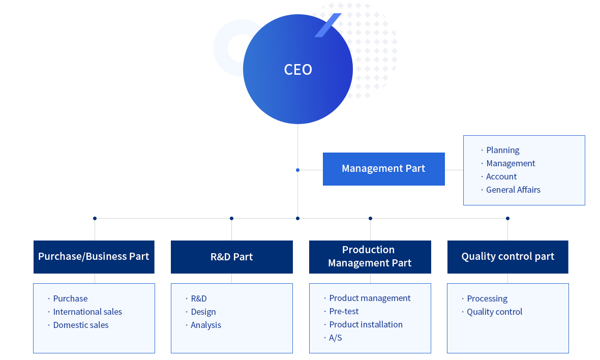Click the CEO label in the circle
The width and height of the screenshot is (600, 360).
(298, 70)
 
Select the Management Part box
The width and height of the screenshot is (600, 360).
(384, 169)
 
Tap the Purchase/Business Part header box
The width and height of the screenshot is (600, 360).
(94, 257)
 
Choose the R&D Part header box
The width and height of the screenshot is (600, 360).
(232, 257)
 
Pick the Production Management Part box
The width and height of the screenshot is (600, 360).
(370, 257)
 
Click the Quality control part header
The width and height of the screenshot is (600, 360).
(508, 257)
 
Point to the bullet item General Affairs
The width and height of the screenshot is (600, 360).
(513, 190)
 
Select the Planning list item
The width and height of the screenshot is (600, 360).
(503, 151)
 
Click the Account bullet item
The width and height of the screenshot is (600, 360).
(501, 177)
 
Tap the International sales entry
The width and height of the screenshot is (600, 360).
(87, 312)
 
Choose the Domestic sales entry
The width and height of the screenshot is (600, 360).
(81, 325)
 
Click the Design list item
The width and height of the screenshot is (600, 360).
(203, 312)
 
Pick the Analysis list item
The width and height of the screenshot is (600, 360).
(206, 325)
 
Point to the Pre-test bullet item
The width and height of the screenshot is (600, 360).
(344, 311)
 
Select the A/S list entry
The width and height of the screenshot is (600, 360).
(336, 338)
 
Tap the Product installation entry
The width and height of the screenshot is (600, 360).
(366, 324)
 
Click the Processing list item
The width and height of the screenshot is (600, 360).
(487, 299)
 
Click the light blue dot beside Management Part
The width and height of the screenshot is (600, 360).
(297, 170)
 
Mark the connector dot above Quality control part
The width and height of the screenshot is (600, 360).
(508, 219)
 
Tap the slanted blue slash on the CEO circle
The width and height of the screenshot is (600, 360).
(328, 25)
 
